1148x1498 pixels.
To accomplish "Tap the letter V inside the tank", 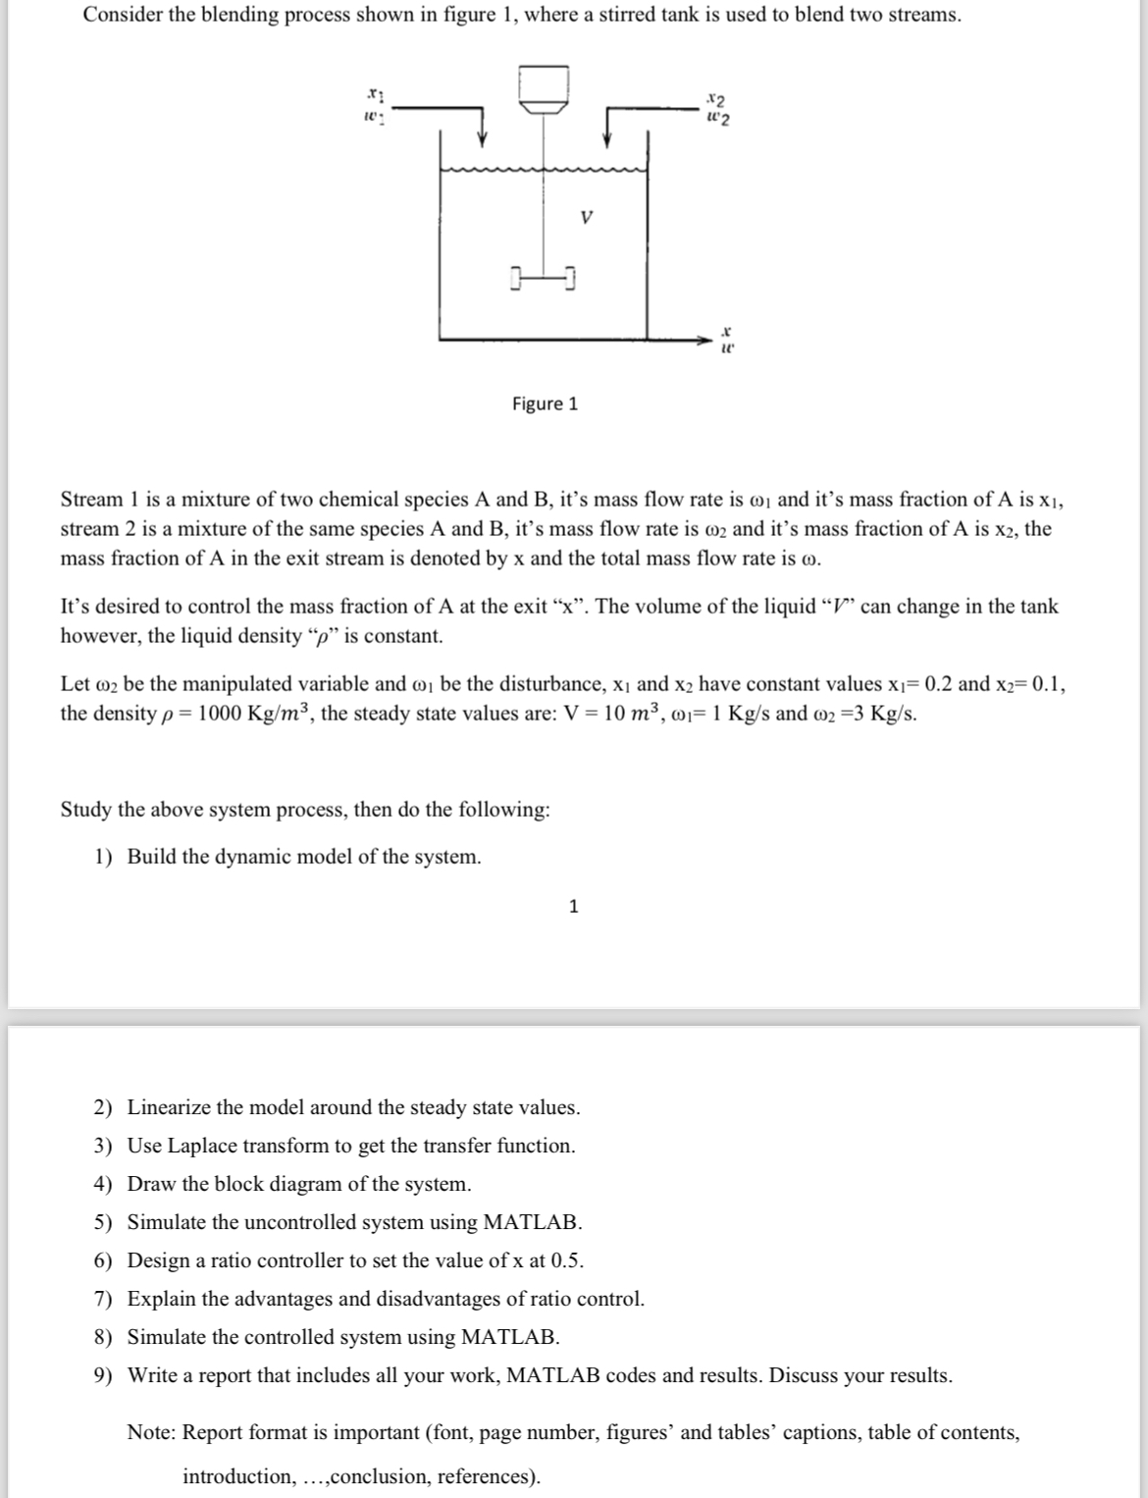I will pos(586,217).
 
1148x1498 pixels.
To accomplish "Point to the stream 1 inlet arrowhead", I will pos(482,137).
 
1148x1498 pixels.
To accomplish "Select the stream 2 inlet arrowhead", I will pos(607,137).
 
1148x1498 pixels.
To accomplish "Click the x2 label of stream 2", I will pos(716,98).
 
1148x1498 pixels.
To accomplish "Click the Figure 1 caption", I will pos(545,403).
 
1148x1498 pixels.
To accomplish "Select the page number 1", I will pos(574,906).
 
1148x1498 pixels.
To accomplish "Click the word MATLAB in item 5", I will pos(530,1222).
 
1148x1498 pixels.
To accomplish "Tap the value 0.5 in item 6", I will pos(566,1260).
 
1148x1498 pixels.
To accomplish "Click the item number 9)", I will pos(103,1375).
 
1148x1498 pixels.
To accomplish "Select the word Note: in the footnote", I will pos(152,1432).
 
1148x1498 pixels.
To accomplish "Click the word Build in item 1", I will pos(152,857).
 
